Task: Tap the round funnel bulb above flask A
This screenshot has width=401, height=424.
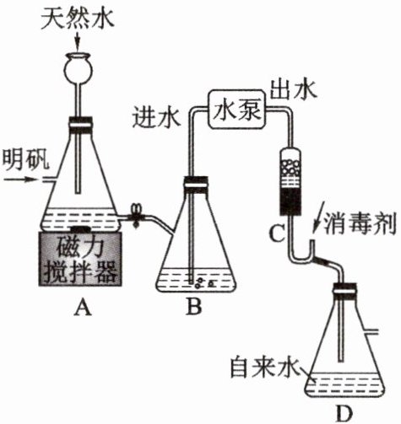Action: (78, 68)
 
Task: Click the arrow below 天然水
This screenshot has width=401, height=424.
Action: (78, 41)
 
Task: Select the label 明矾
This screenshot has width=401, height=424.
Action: (25, 159)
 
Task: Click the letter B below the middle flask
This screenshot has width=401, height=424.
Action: (194, 307)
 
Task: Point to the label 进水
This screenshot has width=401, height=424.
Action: (156, 117)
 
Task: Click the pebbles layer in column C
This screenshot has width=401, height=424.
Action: (291, 168)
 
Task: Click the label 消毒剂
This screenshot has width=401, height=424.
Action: (360, 223)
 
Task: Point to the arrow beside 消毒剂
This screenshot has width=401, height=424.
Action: (319, 216)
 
